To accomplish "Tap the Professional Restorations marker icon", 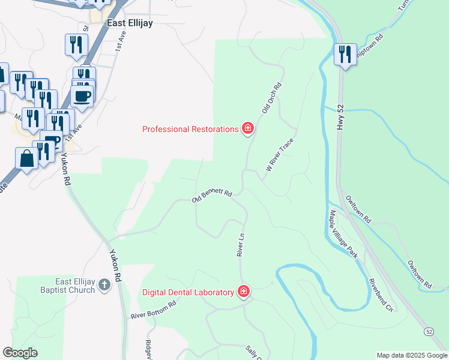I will [x=247, y=128].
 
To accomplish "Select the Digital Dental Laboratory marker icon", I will [x=243, y=292].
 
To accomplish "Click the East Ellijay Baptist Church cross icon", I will [x=104, y=284].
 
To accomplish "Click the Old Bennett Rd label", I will [x=212, y=196].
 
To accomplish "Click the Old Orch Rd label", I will [x=271, y=98].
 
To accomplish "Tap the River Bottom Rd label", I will [x=154, y=310].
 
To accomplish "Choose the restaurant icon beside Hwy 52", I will [x=345, y=54].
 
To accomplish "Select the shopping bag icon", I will [x=26, y=158].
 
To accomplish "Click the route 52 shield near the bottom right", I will [x=428, y=331].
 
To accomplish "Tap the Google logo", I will [x=20, y=353].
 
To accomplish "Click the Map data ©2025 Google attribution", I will [x=411, y=355].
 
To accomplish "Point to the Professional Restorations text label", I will [x=190, y=129].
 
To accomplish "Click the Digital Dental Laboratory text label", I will [x=188, y=292].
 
